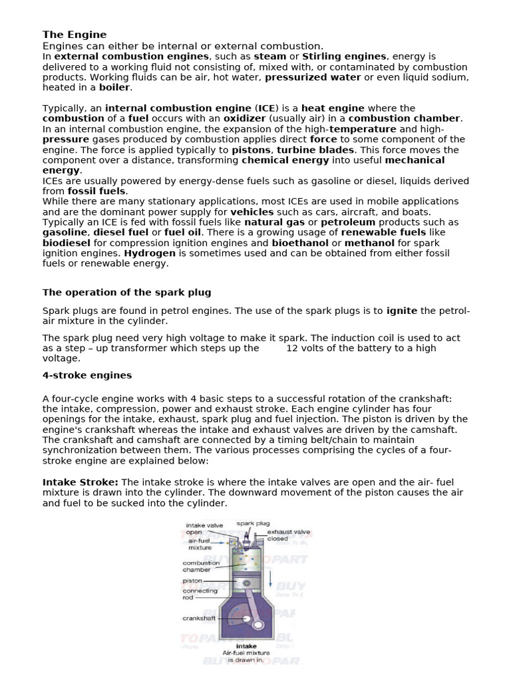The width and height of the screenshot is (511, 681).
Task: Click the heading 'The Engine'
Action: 75,35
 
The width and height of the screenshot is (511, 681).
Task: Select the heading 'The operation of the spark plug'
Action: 126,292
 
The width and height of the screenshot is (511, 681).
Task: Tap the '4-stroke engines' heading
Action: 87,375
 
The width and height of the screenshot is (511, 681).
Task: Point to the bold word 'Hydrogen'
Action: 150,253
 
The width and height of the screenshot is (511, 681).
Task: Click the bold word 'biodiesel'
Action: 66,243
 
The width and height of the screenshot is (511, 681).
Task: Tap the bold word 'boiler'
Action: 115,87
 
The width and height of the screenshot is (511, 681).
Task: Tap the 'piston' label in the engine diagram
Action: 192,581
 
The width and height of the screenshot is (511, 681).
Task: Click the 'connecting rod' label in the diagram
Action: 200,594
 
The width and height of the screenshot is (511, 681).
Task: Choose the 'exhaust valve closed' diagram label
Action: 288,535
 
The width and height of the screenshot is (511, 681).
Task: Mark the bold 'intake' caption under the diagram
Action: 246,645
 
